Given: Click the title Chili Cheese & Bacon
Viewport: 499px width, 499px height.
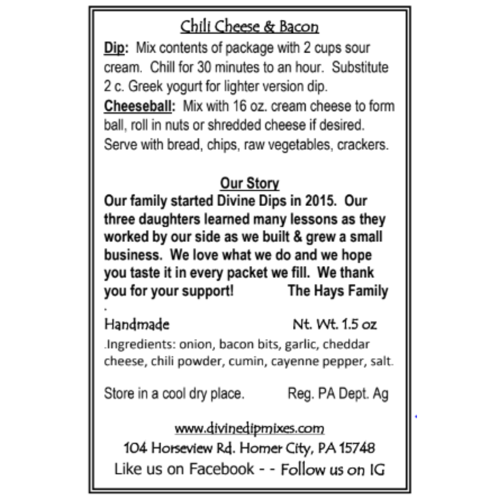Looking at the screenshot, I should (x=249, y=26).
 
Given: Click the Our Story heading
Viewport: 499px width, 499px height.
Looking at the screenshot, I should (x=249, y=183).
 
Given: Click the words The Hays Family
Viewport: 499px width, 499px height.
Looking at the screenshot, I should (x=338, y=291).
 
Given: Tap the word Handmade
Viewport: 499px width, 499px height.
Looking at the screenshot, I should (x=137, y=324).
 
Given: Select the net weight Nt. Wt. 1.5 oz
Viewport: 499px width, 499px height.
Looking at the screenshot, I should (x=335, y=324).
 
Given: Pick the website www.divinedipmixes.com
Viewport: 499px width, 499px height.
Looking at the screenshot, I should (x=249, y=428).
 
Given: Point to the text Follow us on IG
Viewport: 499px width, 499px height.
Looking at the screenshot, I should (x=333, y=469).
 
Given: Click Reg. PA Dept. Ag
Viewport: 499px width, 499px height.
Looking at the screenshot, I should (x=338, y=394).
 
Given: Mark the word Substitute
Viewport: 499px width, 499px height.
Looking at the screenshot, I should (x=360, y=67).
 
